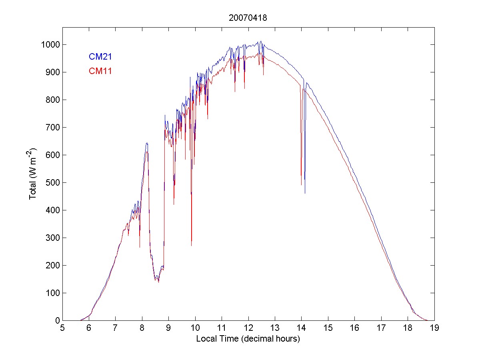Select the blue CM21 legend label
pyautogui.click(x=100, y=57)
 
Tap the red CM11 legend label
pyautogui.click(x=100, y=71)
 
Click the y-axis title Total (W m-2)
pyautogui.click(x=33, y=174)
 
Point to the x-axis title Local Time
pyautogui.click(x=248, y=339)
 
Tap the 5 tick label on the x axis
pyautogui.click(x=62, y=328)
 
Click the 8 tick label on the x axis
pyautogui.click(x=142, y=328)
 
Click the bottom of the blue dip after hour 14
pyautogui.click(x=305, y=193)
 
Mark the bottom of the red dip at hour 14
pyautogui.click(x=301, y=185)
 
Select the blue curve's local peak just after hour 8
pyautogui.click(x=147, y=143)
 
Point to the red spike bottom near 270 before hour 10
pyautogui.click(x=192, y=245)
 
